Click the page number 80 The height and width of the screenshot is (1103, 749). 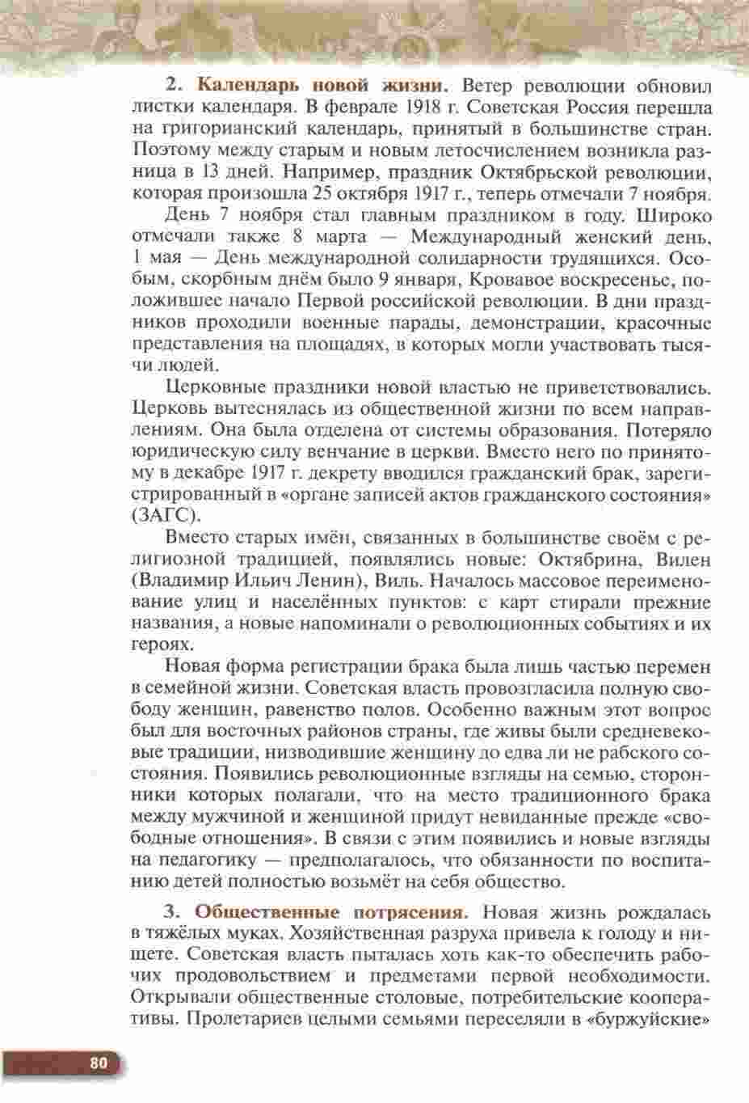click(x=99, y=1063)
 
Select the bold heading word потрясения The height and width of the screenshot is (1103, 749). click(x=412, y=912)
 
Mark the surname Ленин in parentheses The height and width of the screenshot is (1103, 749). click(x=320, y=581)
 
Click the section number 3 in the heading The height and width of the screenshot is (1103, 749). click(x=170, y=912)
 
